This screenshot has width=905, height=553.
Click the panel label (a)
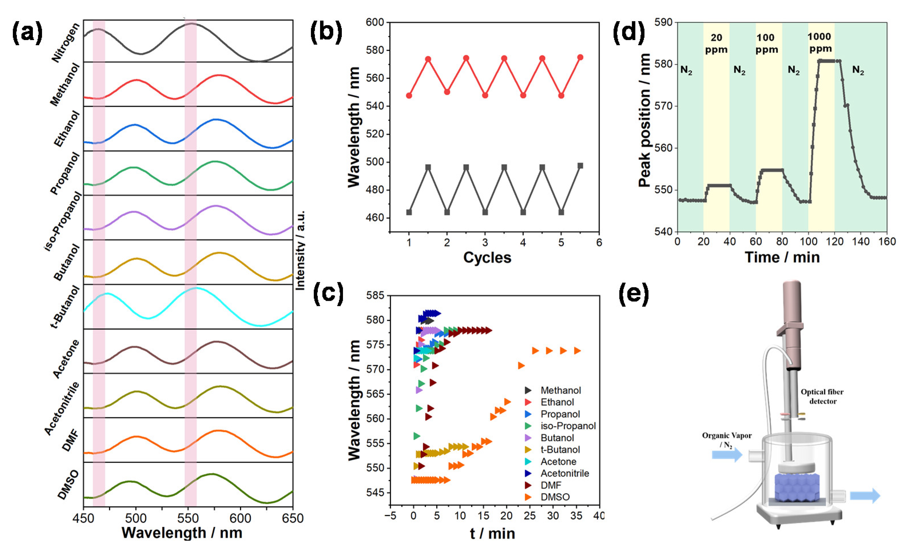(x=27, y=33)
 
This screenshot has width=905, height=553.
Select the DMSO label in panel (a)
(x=68, y=485)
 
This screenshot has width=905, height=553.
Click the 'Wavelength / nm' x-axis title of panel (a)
(x=182, y=533)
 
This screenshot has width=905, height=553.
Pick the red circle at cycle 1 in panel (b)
(x=409, y=96)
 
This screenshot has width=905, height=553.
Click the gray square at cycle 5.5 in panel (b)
(x=580, y=166)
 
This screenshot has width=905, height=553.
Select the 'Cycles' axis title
(x=487, y=257)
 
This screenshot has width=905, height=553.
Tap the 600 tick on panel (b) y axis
(x=375, y=22)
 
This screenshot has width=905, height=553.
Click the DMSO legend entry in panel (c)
(x=555, y=497)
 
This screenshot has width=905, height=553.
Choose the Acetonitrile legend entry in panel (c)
(x=565, y=473)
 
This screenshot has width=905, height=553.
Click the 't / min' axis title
(x=492, y=533)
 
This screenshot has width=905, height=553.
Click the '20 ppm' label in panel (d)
(x=716, y=43)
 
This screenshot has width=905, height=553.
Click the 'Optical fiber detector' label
(x=822, y=397)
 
